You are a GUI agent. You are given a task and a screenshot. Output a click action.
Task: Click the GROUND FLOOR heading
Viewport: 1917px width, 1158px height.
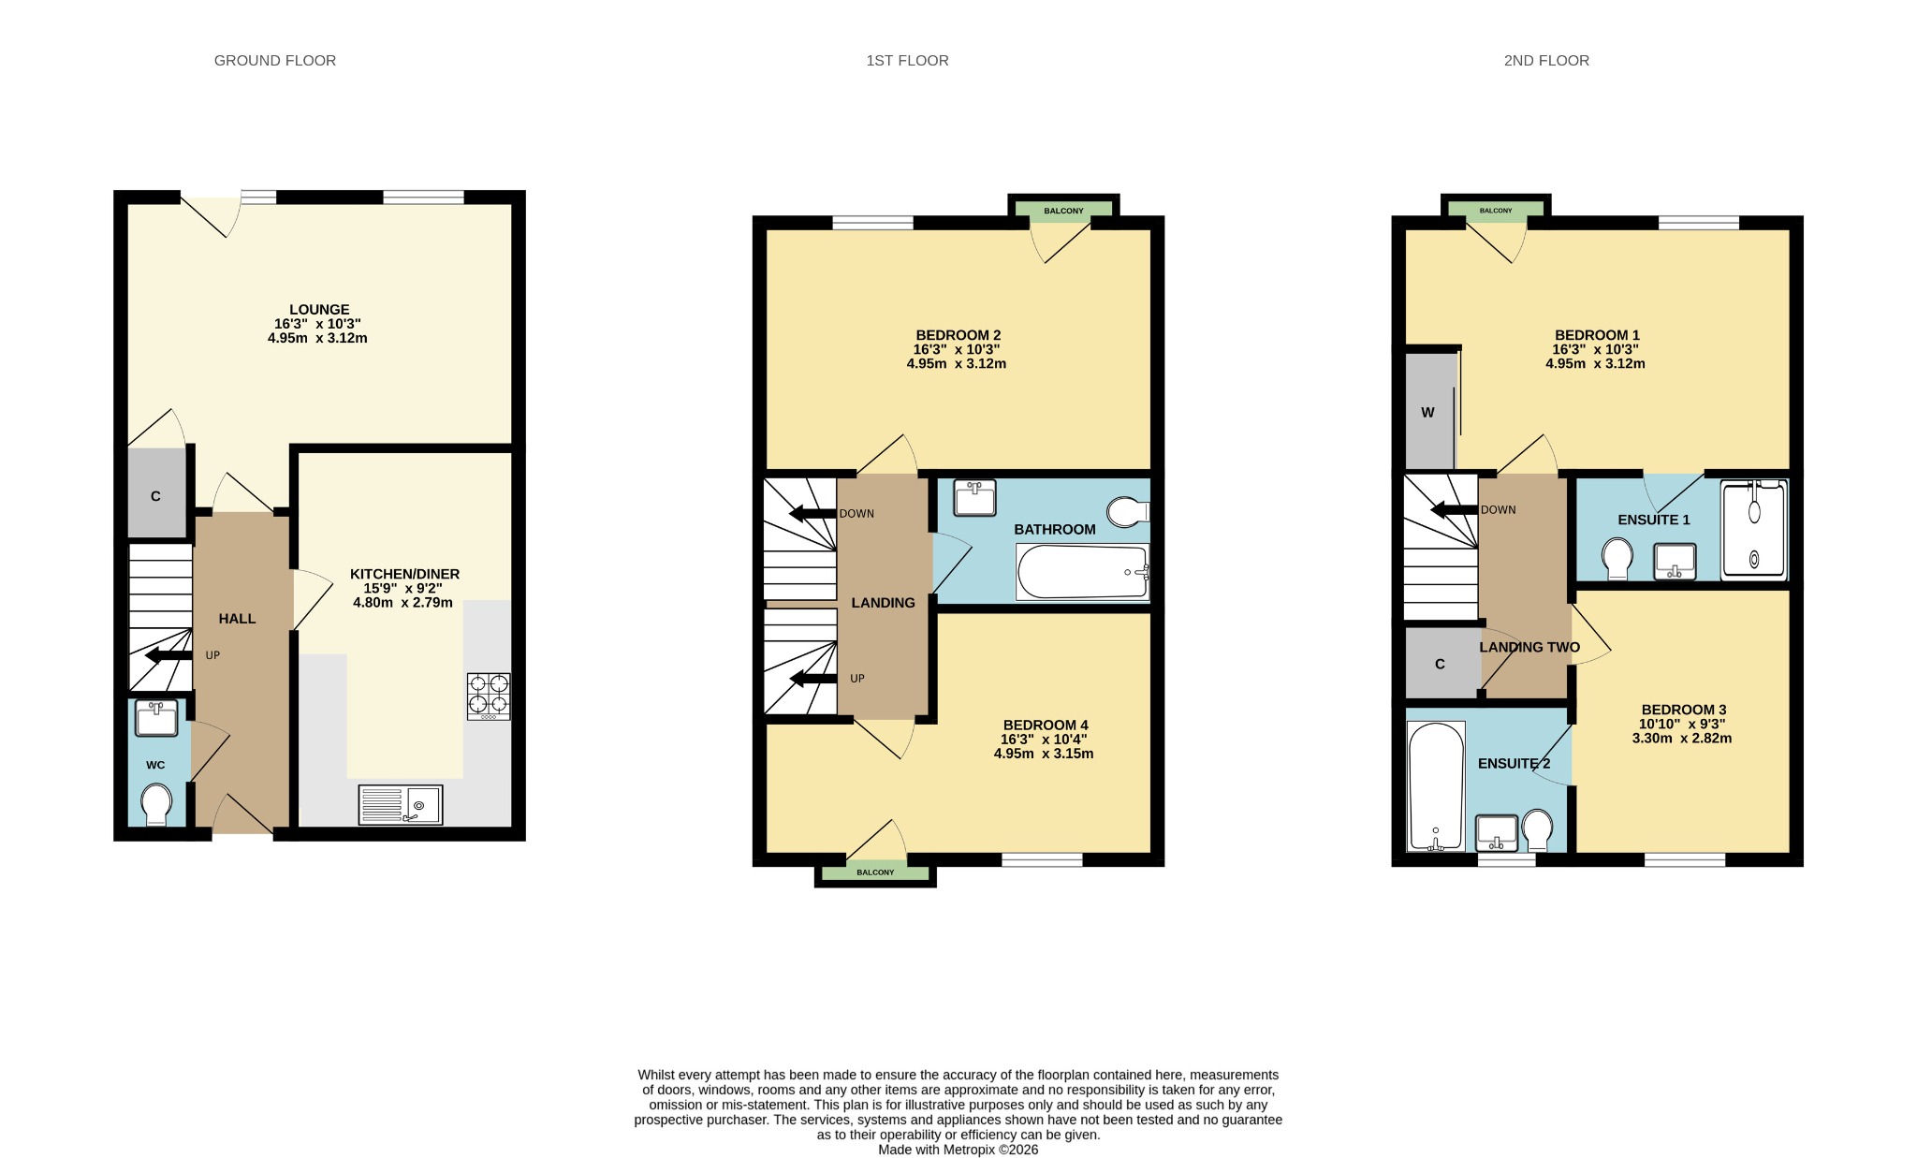coord(275,61)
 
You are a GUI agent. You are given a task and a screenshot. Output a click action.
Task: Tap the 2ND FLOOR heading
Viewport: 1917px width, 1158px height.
coord(1546,61)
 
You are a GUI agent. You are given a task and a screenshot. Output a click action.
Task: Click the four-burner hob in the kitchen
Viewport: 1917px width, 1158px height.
coord(489,696)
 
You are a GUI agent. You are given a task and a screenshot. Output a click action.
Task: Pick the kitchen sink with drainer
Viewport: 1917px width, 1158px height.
coord(401,805)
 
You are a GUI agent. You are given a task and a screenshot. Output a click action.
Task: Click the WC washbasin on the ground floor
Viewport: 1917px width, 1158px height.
coord(156,718)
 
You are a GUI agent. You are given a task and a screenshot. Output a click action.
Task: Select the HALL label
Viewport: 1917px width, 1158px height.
coord(237,619)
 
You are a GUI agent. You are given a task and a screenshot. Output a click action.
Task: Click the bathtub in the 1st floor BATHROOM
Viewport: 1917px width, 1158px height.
coord(1083,572)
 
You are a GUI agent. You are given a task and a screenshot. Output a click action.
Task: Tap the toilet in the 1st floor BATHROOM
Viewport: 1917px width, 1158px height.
coord(1128,512)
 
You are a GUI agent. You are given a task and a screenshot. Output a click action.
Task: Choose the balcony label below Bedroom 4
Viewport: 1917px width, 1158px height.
coord(875,872)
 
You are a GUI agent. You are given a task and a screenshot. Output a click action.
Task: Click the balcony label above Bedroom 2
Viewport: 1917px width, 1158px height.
coord(1063,211)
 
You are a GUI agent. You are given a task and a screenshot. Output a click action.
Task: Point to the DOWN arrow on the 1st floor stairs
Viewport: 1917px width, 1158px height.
coord(812,513)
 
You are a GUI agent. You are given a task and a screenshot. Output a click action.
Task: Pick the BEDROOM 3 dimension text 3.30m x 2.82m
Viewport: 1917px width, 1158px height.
coord(1682,738)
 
